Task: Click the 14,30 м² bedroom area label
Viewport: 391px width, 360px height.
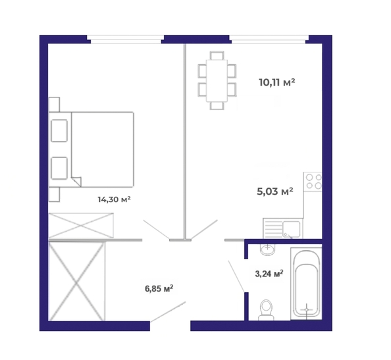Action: click(115, 199)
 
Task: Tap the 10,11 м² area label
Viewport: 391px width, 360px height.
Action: click(277, 82)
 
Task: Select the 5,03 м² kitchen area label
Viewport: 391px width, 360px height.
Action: click(274, 192)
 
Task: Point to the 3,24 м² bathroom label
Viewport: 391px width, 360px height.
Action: click(269, 274)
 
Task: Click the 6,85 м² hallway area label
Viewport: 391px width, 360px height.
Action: click(159, 289)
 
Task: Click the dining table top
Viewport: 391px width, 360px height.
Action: click(217, 80)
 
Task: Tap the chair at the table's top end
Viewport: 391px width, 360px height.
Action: click(217, 55)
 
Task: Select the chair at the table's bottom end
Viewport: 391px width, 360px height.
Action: click(217, 106)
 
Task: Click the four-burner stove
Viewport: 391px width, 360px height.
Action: click(313, 182)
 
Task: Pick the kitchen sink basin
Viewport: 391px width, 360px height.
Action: click(291, 229)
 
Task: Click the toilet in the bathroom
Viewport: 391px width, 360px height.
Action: click(266, 310)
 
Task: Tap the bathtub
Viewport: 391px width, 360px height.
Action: click(306, 284)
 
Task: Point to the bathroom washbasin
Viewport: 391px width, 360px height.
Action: click(267, 249)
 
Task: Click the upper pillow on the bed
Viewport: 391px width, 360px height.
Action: click(59, 130)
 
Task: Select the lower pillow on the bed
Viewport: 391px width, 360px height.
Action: click(59, 168)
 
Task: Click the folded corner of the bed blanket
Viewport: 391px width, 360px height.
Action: click(76, 182)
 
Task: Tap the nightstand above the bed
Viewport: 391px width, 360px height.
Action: click(54, 105)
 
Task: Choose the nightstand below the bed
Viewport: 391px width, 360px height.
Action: click(54, 194)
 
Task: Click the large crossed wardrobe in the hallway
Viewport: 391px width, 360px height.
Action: click(76, 281)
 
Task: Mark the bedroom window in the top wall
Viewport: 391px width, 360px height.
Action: click(125, 39)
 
